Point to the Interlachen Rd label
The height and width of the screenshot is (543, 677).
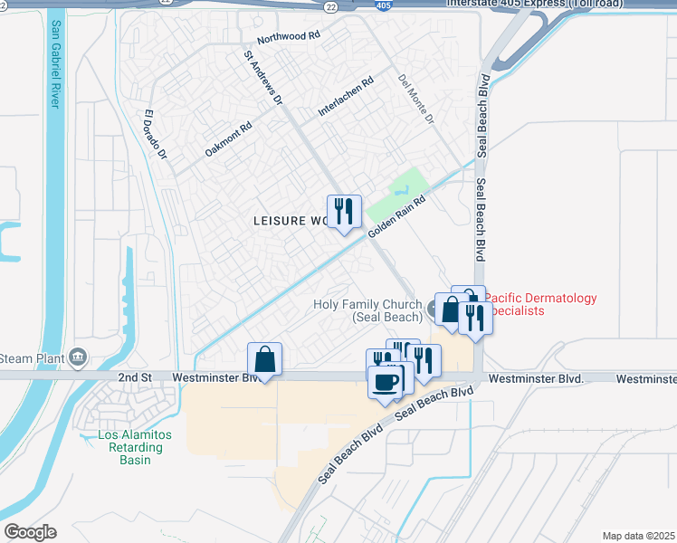click(x=346, y=97)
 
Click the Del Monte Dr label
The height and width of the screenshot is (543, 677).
click(x=416, y=100)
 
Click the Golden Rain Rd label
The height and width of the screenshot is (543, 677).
click(x=396, y=218)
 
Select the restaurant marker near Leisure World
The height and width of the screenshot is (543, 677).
click(x=344, y=212)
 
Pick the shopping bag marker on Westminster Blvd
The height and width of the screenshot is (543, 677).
click(x=264, y=358)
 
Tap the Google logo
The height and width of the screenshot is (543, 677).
click(x=30, y=532)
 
